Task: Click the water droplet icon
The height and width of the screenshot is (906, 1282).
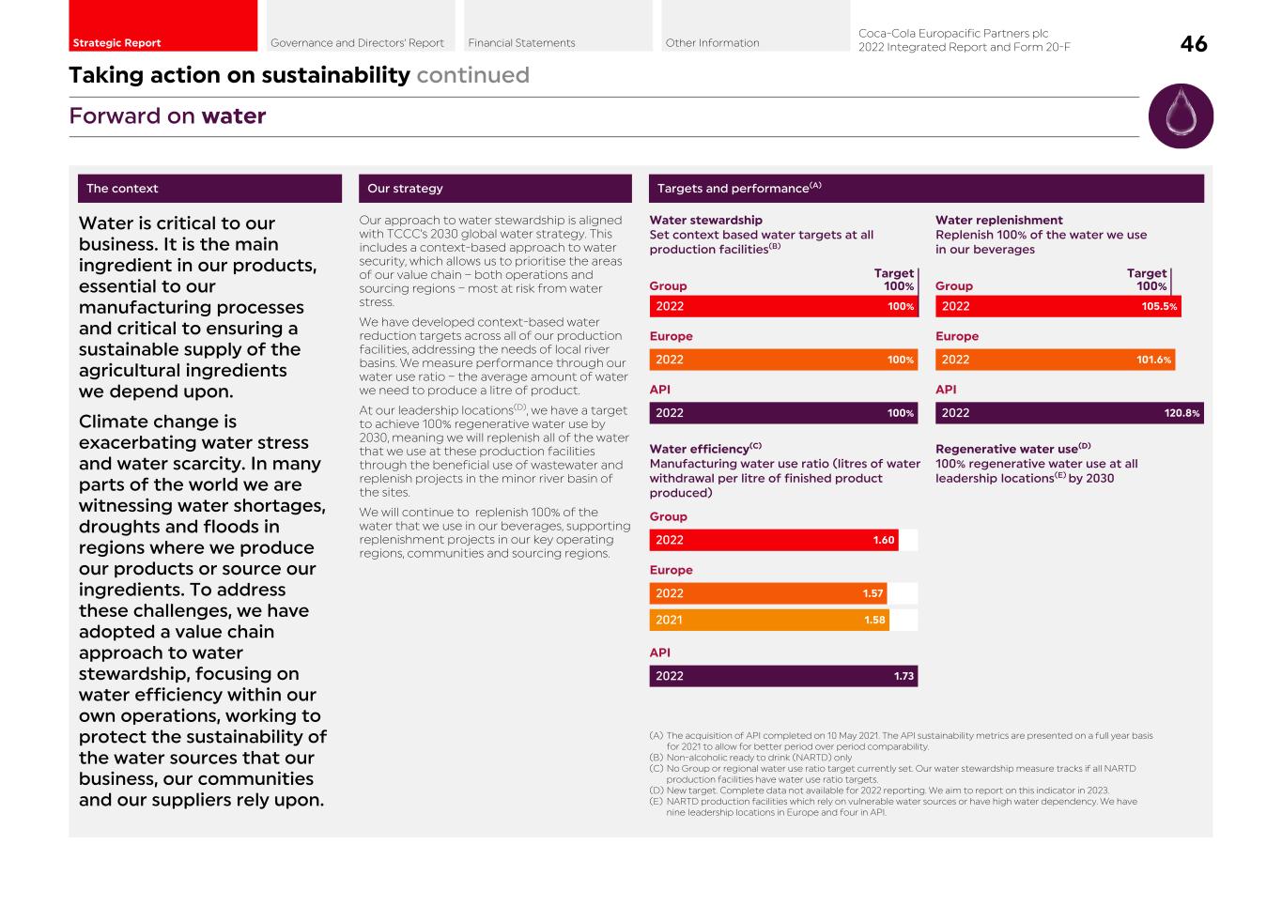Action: tap(1181, 116)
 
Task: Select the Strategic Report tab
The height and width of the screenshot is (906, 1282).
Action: tap(162, 26)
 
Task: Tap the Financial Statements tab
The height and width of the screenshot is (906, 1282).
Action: tap(558, 26)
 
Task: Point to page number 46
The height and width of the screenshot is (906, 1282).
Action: tap(1194, 44)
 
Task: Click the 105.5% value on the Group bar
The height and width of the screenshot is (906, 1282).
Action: tap(1159, 307)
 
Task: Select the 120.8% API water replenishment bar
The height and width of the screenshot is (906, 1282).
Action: tap(1069, 413)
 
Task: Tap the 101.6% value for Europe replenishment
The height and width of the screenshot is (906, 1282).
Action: tap(1153, 360)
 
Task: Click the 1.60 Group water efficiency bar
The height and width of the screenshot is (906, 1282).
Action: tap(773, 540)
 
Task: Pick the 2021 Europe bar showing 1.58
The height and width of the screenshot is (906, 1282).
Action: tap(768, 620)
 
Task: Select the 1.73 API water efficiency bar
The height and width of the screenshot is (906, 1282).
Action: tap(782, 676)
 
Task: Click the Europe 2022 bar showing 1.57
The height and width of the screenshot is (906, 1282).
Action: tap(767, 593)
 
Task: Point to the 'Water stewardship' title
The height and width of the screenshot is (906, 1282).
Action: tap(705, 221)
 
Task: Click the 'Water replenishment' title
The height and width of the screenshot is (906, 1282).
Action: tap(998, 221)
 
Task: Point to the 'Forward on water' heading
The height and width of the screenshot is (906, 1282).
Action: tap(167, 116)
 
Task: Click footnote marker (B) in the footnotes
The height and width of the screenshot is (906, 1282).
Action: tap(656, 758)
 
